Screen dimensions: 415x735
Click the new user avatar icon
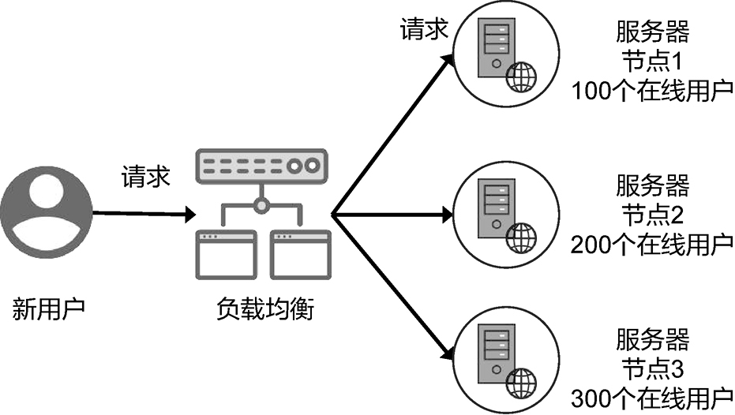45,214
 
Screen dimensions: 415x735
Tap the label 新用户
48,308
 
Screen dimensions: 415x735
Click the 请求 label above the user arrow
145,175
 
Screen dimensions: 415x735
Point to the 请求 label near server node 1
424,29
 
